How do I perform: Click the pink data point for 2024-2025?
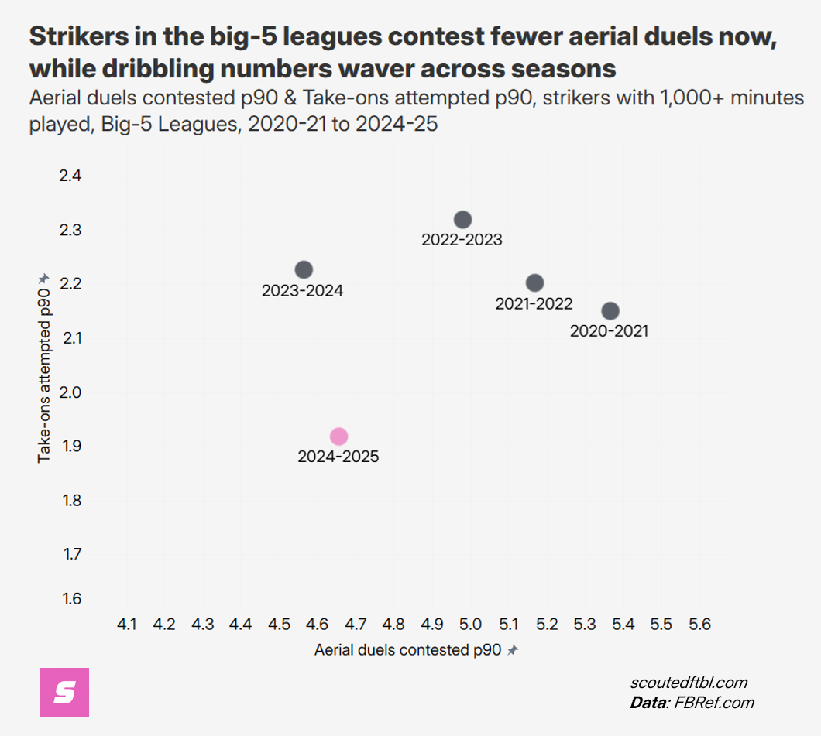point(338,436)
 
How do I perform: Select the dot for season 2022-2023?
point(462,220)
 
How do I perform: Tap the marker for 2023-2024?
point(304,269)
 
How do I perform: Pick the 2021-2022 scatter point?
point(534,283)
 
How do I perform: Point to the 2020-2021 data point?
point(610,311)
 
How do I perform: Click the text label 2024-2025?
point(338,457)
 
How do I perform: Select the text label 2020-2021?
point(609,331)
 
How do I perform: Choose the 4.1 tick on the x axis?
point(126,624)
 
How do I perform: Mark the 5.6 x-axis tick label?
point(699,624)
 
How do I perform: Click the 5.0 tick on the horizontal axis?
point(470,624)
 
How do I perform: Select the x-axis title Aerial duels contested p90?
point(408,651)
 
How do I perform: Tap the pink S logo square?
point(64,692)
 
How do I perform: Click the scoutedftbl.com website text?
point(689,683)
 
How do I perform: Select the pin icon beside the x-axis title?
point(512,652)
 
